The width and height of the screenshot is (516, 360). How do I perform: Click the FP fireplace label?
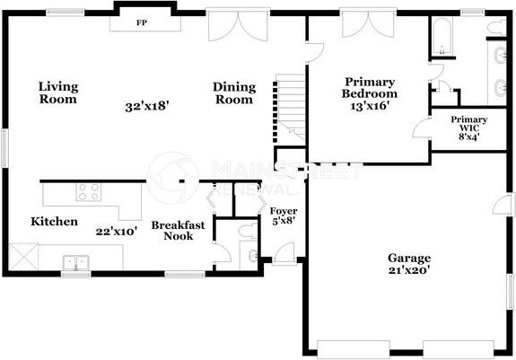coord(142,22)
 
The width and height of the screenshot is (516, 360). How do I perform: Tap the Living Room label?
coord(57,93)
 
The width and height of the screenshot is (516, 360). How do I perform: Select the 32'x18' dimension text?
coord(147,106)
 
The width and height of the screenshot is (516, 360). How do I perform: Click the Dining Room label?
coord(234,93)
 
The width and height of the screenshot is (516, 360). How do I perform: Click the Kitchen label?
coord(54,222)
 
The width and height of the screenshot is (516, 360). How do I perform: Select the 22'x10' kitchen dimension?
coord(116,231)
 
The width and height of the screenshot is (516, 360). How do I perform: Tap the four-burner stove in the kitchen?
coord(89,191)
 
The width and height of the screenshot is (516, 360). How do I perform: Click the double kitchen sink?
coord(76,262)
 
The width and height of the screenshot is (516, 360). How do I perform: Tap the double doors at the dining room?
coord(239,25)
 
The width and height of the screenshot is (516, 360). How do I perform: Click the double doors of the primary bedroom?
coord(362,24)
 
